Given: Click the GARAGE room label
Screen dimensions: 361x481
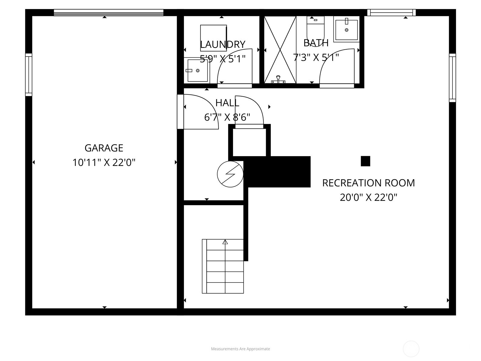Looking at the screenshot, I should click(104, 148).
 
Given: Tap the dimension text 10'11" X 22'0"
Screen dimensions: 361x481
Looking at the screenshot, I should click(104, 163).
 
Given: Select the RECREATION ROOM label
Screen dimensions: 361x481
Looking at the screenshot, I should click(368, 183).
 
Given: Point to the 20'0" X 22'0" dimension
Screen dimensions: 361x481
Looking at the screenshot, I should click(368, 198).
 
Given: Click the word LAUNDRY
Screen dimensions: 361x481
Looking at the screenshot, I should click(222, 45).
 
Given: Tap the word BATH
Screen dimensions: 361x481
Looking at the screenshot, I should click(316, 43).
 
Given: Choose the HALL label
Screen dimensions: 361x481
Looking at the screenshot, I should click(227, 103).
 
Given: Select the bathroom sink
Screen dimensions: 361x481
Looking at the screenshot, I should click(346, 29).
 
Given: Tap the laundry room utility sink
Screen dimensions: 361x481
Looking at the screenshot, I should click(197, 70).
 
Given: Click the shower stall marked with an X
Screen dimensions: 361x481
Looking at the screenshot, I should click(280, 50).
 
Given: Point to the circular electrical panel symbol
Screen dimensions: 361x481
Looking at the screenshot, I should click(230, 174).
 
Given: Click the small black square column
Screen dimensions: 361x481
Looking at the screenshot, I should click(365, 161).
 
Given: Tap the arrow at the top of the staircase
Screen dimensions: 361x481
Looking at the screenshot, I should click(225, 242).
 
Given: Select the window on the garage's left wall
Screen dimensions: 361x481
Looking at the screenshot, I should click(29, 75).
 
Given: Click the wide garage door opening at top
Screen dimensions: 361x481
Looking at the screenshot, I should click(108, 12).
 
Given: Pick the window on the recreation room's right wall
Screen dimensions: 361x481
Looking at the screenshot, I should click(452, 78).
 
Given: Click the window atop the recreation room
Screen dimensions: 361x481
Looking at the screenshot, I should click(391, 12).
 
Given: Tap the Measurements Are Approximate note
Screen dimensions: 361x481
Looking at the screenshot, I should click(240, 349).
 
